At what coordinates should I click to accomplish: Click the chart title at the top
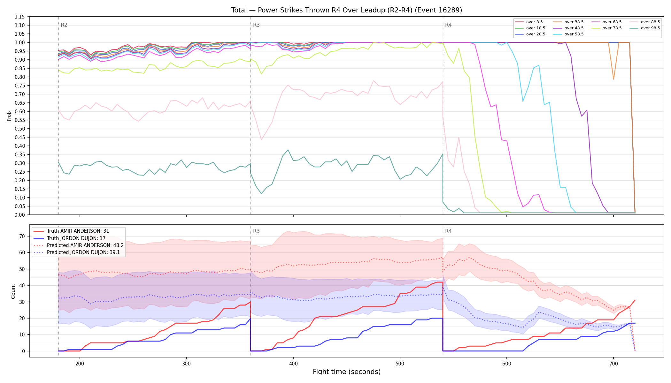coord(347,10)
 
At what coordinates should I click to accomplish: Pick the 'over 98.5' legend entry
coord(645,28)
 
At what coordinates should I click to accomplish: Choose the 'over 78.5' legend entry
coord(606,28)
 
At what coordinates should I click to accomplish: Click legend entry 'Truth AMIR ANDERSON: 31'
coord(71,231)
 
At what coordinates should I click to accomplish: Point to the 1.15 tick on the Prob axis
coord(20,17)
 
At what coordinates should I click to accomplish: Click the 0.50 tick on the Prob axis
coord(20,129)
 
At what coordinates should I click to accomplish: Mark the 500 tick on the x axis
coord(400,363)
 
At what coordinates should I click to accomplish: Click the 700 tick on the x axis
coord(613,363)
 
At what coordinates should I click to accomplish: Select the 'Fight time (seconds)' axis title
coord(347,372)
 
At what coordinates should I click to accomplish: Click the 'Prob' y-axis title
coord(9,116)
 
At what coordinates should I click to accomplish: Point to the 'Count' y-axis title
coord(13,291)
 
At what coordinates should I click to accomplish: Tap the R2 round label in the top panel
coord(64,25)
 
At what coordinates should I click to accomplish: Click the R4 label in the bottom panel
coord(448,231)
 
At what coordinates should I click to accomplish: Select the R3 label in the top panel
coord(256,25)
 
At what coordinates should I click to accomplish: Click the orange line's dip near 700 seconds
coord(613,79)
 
